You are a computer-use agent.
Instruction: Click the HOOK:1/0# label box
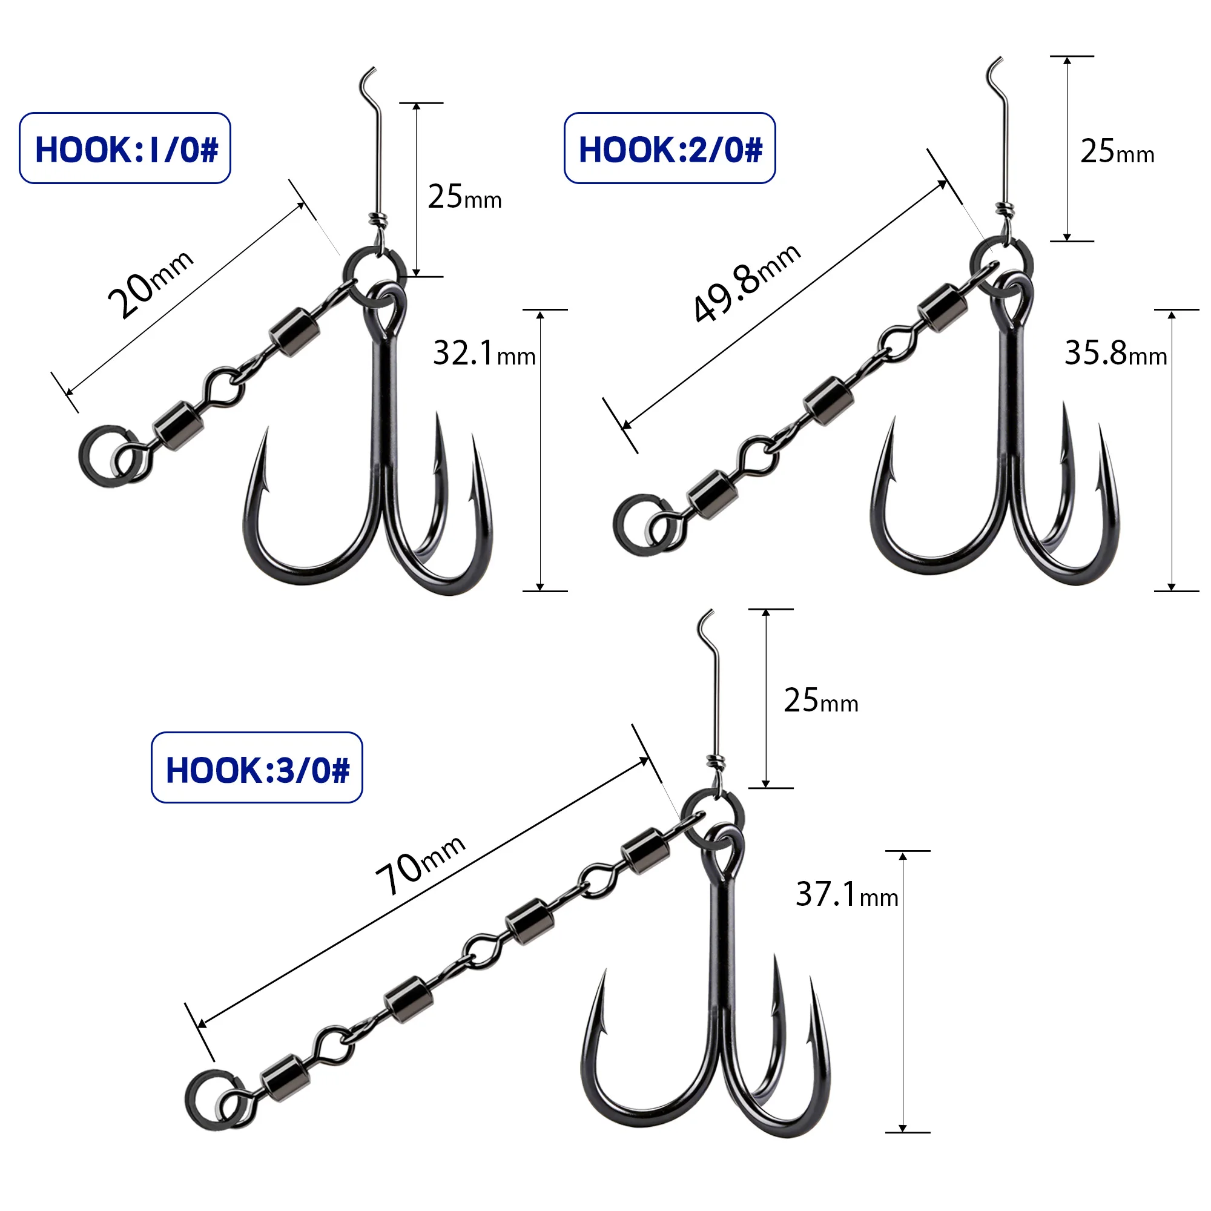125,148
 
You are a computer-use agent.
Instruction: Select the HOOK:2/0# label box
670,148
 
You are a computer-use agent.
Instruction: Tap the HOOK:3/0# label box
257,767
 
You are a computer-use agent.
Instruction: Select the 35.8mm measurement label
1115,353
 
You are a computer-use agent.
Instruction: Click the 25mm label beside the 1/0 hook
464,196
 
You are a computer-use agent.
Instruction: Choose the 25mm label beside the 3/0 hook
820,700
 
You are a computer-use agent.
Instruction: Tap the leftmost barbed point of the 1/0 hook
266,440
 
